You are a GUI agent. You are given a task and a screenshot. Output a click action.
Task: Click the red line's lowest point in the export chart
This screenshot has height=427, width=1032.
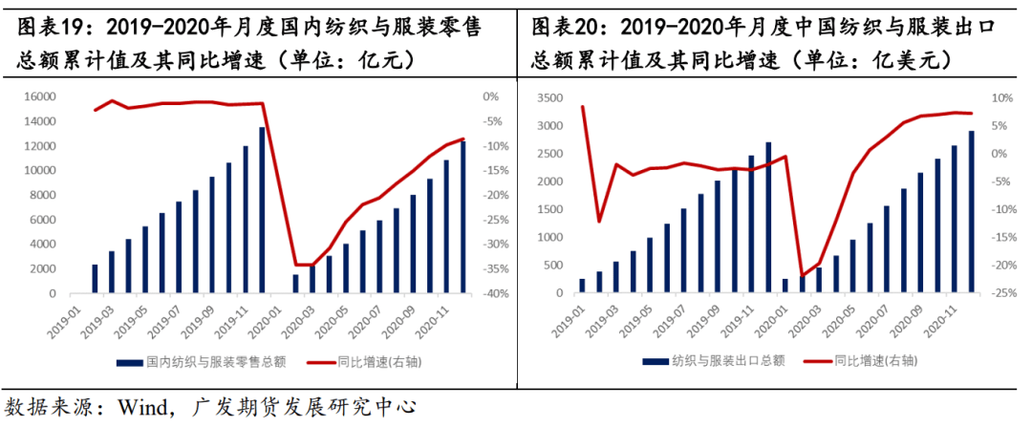tap(802, 275)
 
